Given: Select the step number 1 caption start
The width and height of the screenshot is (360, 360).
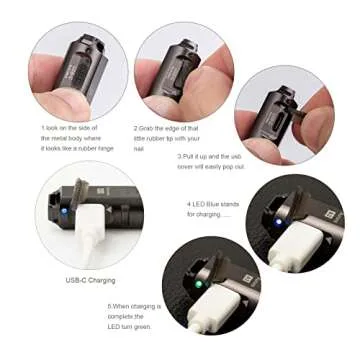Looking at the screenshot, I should (43, 129).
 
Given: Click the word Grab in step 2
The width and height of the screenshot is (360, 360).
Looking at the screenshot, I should (151, 129).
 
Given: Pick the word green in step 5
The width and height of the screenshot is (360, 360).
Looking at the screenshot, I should (162, 331).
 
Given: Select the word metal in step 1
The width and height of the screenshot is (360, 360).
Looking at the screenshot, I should (53, 138).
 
